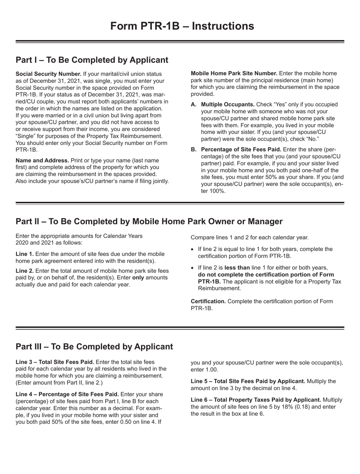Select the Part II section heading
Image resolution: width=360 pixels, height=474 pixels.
pos(149,221)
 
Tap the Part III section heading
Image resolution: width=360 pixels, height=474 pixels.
pos(94,346)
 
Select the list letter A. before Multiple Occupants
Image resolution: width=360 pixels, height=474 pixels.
pos(193,104)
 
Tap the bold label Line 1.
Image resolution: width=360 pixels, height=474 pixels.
pos(24,254)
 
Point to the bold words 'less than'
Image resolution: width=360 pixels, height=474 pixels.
pos(238,267)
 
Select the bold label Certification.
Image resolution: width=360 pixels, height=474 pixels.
pos(208,301)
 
